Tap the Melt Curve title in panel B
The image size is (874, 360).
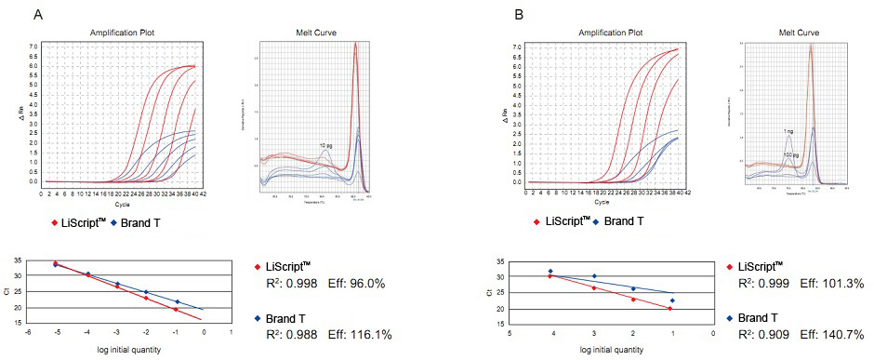click(798, 33)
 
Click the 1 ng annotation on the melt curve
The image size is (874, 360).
click(788, 132)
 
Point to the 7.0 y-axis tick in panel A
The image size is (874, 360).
click(33, 46)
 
